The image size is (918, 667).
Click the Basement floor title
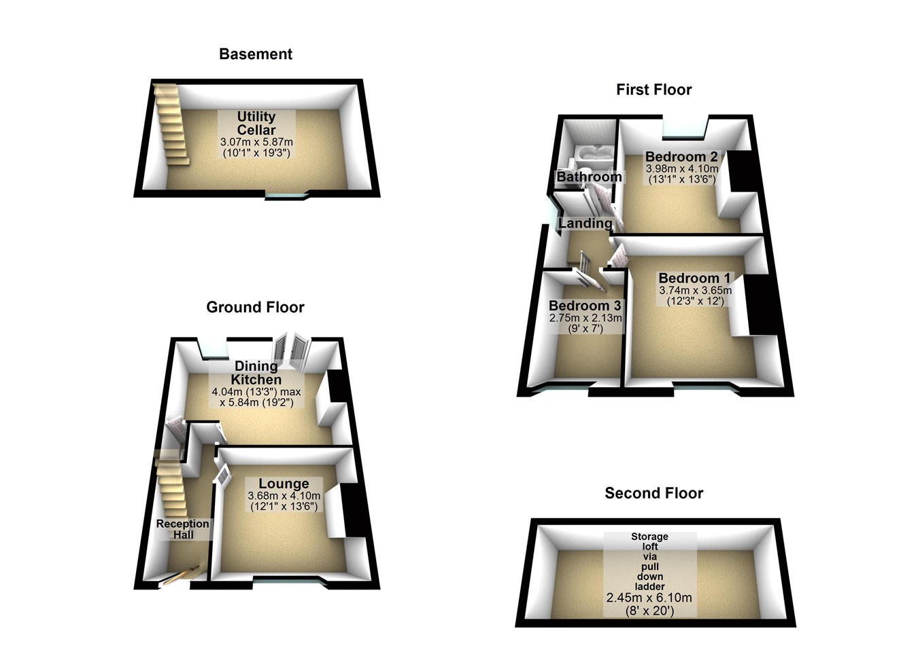pos(256,54)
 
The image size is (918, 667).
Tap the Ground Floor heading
pos(255,307)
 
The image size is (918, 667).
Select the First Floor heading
pos(653,90)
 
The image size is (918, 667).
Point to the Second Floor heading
pos(653,493)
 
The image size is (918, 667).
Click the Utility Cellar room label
pos(256,124)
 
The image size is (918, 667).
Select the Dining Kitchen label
pos(256,373)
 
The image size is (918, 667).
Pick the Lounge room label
pos(284,484)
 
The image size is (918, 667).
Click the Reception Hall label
pos(183,529)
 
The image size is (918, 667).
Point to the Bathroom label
pos(589,177)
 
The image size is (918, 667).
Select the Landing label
pos(585,223)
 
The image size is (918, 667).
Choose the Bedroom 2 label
pos(681,157)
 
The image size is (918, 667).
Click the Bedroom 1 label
pos(694,278)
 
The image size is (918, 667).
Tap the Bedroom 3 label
pos(584,306)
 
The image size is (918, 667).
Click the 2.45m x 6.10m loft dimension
pos(649,598)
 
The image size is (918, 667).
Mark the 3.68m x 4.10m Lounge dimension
pos(284,496)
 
